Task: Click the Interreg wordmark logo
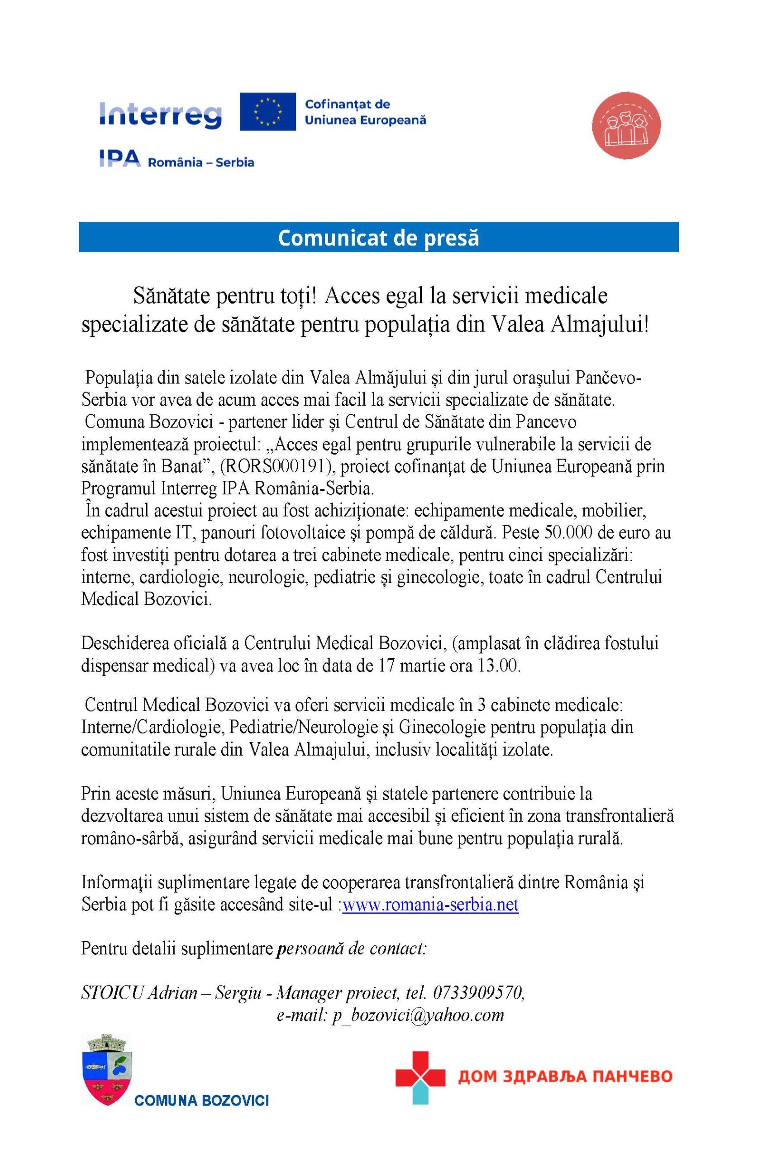tap(160, 115)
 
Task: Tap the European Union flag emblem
tap(267, 111)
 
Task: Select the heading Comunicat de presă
tap(378, 237)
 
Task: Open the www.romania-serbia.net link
tap(430, 905)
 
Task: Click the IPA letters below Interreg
tap(120, 159)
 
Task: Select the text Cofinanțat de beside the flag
tap(347, 104)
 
